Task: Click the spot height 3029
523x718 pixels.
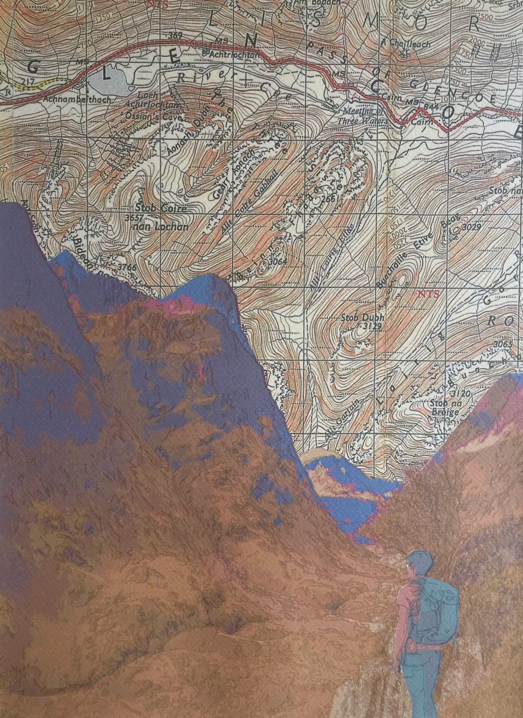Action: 472,227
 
